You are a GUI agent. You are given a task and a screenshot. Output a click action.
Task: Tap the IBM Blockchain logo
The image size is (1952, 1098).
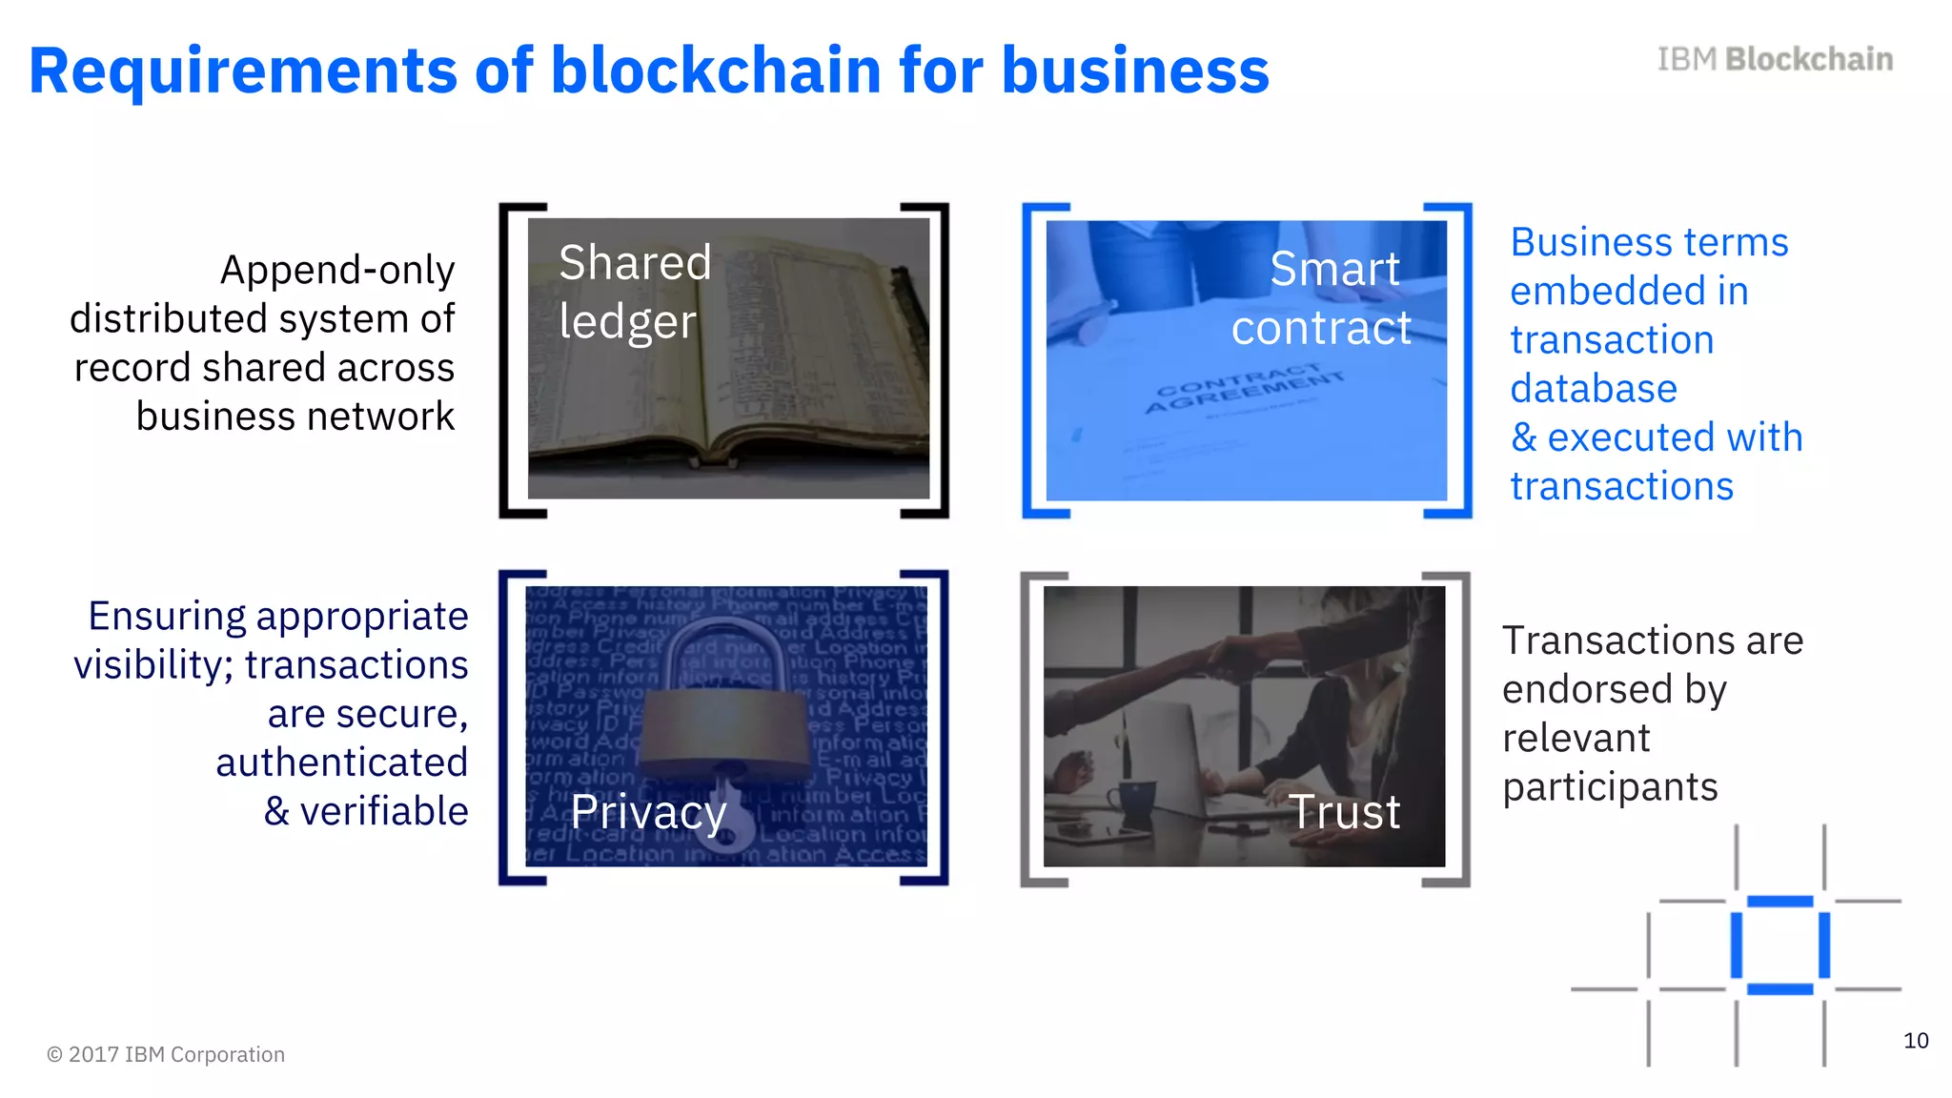[x=1775, y=59]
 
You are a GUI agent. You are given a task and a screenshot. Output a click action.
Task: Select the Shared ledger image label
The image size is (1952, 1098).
[x=634, y=291]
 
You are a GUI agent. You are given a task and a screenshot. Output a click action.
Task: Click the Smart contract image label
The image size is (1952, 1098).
[x=1322, y=298]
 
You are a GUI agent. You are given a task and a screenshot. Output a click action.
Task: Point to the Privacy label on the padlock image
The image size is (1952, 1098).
[x=648, y=812]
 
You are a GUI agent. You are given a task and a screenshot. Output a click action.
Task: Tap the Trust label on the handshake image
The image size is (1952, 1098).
[x=1345, y=812]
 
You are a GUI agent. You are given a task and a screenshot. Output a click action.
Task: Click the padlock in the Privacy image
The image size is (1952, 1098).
[x=723, y=710]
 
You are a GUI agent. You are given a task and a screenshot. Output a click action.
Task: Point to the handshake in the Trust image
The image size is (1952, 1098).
[x=1239, y=658]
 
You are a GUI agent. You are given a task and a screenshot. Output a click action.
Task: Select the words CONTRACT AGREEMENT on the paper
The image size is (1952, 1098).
[x=1244, y=388]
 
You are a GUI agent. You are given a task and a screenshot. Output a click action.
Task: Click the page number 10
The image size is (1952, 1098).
[x=1916, y=1041]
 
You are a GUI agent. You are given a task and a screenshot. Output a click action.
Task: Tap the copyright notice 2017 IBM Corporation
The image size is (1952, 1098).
[x=166, y=1054]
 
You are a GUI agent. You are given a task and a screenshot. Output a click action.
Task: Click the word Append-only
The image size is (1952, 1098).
[x=337, y=271]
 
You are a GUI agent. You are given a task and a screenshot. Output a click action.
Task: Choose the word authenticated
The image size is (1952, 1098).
[x=342, y=762]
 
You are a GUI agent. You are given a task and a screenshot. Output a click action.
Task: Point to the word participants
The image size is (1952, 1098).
[x=1610, y=788]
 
